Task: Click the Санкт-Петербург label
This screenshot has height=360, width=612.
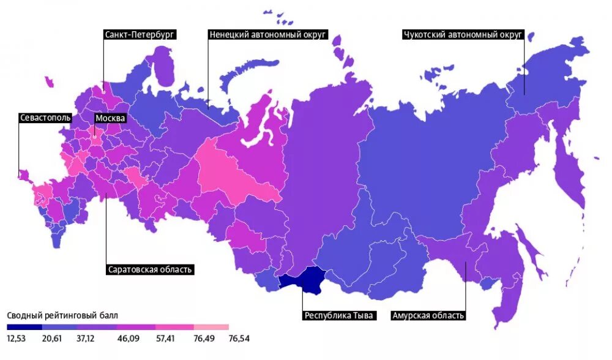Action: (x=140, y=35)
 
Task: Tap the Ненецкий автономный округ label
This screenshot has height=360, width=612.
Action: (x=267, y=35)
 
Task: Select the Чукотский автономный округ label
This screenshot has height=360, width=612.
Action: (x=462, y=35)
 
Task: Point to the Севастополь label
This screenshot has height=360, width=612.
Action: (x=45, y=118)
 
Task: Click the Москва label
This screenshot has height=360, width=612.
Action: (x=110, y=118)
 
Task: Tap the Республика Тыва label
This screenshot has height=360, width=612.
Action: (x=339, y=316)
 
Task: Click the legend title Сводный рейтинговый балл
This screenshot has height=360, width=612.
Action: (x=62, y=315)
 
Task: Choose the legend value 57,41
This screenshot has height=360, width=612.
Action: (x=165, y=338)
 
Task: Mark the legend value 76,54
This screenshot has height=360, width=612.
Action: (x=238, y=338)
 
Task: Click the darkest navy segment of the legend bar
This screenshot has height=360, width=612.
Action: (x=24, y=328)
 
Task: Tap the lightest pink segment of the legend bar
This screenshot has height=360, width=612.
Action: (x=211, y=328)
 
